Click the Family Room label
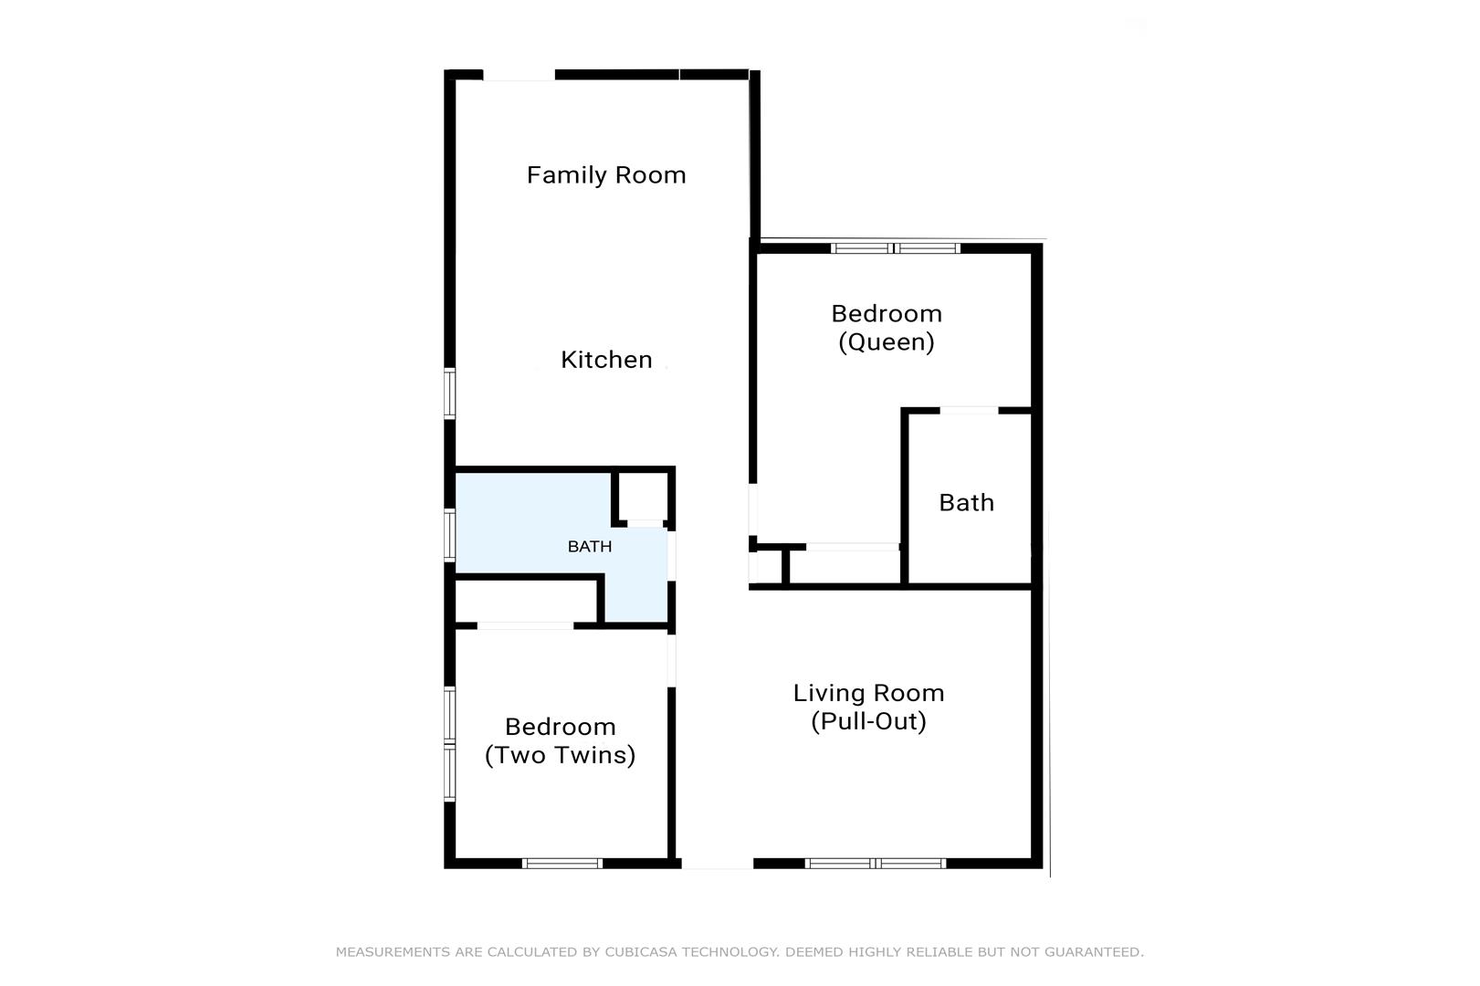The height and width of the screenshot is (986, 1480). tap(606, 175)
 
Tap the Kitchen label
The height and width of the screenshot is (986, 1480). tap(606, 360)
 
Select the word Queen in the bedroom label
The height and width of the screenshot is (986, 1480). tap(886, 341)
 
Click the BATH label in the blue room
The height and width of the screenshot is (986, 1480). tap(590, 547)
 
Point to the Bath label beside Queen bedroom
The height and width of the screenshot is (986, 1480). tap(966, 503)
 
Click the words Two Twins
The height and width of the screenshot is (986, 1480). tap(561, 755)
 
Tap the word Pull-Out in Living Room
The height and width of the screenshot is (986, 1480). tap(868, 721)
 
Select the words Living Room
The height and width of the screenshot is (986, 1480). tap(868, 693)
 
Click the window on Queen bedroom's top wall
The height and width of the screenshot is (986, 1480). tap(896, 248)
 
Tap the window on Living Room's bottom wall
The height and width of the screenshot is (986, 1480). tap(876, 863)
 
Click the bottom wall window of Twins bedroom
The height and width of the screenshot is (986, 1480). tap(562, 863)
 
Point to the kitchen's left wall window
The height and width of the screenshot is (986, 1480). tap(449, 393)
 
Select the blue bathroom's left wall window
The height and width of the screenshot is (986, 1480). tap(449, 535)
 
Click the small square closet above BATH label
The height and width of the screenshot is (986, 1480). tap(642, 497)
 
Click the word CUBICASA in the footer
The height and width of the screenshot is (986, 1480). tap(641, 952)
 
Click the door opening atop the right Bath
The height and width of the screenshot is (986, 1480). tap(969, 411)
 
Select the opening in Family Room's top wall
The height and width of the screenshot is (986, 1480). tap(519, 76)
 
